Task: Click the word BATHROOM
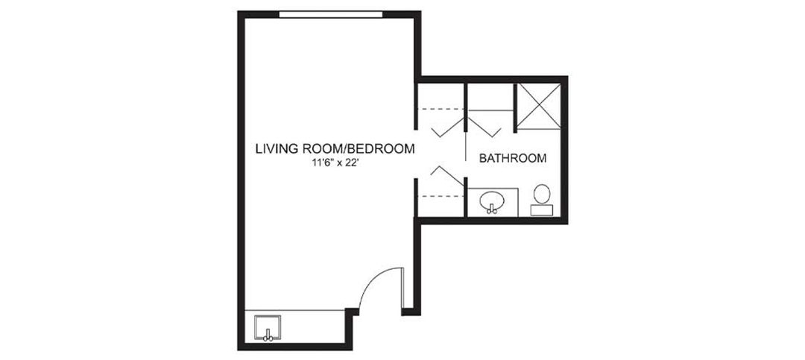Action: (x=512, y=158)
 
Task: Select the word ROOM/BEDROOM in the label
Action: (x=354, y=149)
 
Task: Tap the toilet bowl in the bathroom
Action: (x=542, y=194)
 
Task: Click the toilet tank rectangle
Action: (x=542, y=209)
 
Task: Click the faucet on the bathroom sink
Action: (x=492, y=209)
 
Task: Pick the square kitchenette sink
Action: (x=268, y=329)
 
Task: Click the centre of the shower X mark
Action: (x=538, y=107)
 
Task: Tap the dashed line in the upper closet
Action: (x=441, y=110)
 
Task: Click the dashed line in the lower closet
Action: (x=441, y=196)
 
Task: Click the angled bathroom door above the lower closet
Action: (x=446, y=175)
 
